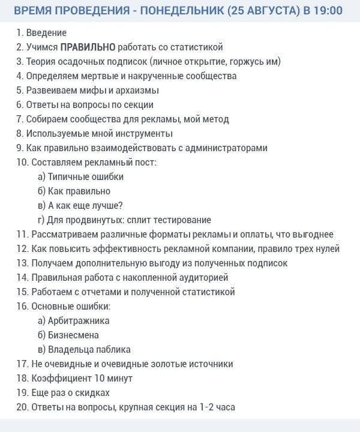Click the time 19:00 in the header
(x=328, y=11)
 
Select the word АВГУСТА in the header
(x=267, y=11)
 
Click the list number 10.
(x=22, y=162)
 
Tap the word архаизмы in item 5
(x=139, y=90)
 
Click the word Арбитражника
(x=79, y=320)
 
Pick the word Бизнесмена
(x=73, y=335)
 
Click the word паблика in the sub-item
(x=113, y=349)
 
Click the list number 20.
(x=22, y=407)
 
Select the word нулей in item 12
(x=328, y=248)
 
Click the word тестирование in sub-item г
(x=184, y=220)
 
